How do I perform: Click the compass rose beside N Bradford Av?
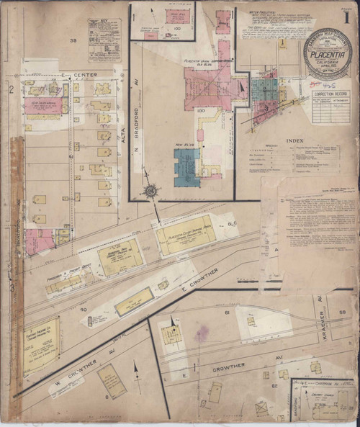[151, 191]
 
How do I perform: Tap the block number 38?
[73, 40]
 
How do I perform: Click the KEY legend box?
[104, 40]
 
